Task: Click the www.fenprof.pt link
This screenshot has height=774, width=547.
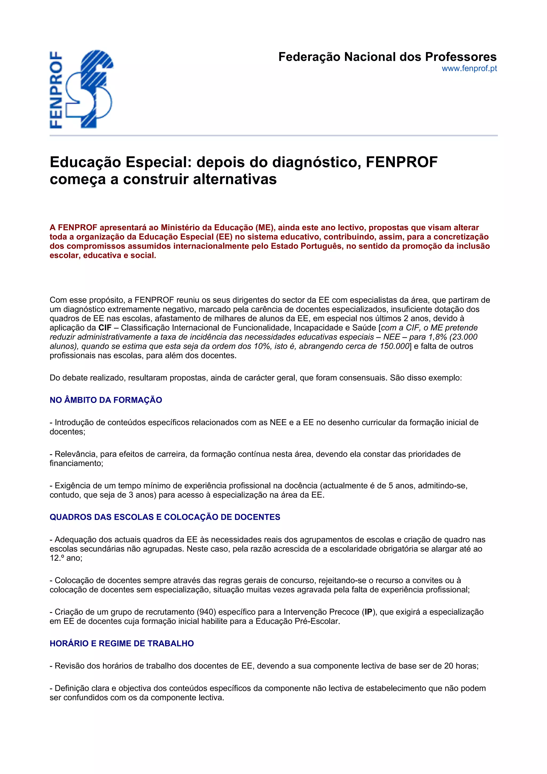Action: pos(469,69)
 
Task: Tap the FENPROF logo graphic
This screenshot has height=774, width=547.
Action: pos(82,89)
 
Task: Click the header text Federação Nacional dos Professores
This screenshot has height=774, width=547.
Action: pos(387,57)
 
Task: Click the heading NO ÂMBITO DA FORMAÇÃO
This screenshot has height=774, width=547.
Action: pos(106,400)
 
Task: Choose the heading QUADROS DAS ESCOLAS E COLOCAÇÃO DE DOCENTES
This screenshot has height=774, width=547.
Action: pos(165,517)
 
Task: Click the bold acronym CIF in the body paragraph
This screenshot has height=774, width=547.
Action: pos(105,328)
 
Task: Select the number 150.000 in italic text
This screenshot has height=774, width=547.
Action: pos(395,346)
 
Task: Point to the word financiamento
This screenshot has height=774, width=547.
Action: pos(76,463)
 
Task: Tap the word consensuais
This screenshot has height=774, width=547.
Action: pos(363,378)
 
